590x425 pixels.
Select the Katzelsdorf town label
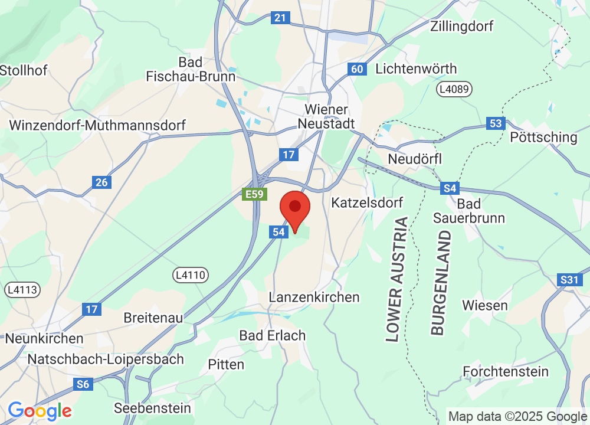[368, 203]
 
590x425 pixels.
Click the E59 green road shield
[255, 194]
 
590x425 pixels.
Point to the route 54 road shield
[279, 232]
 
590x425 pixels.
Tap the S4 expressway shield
[450, 188]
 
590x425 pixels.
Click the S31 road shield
[569, 280]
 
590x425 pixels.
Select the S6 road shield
[83, 384]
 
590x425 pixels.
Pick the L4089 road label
[455, 89]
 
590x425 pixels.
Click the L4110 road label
[191, 274]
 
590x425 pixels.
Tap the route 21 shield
[280, 18]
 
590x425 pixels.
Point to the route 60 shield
[356, 69]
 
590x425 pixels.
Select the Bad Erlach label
[273, 335]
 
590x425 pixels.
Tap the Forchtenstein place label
[506, 372]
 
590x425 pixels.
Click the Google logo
[40, 410]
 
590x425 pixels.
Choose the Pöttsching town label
[543, 138]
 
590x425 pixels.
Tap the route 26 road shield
[101, 182]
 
